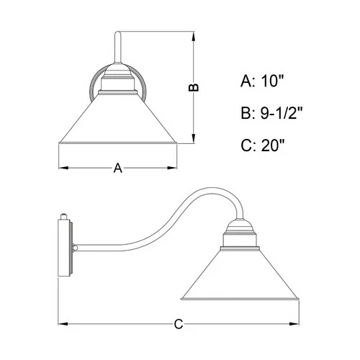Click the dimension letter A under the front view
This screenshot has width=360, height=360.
click(x=117, y=168)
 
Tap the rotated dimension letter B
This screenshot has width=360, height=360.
click(x=193, y=86)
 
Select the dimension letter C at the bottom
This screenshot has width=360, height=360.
click(x=180, y=325)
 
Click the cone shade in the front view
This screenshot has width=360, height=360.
click(x=117, y=126)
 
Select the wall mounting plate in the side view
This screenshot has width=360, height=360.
click(x=66, y=248)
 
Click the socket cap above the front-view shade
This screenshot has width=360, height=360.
click(x=117, y=83)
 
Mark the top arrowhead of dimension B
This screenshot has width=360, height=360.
click(x=193, y=34)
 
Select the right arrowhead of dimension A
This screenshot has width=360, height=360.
click(x=176, y=168)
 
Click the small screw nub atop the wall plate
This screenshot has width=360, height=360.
click(x=66, y=215)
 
